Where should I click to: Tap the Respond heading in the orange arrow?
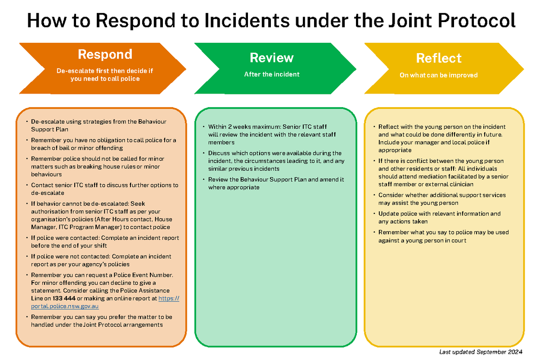coord(105,54)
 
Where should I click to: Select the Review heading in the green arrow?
coord(271,58)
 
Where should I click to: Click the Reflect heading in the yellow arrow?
coord(439,58)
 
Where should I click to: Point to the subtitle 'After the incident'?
coord(271,74)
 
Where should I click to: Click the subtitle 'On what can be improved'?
coord(438,75)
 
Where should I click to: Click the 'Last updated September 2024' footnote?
coord(480,352)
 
